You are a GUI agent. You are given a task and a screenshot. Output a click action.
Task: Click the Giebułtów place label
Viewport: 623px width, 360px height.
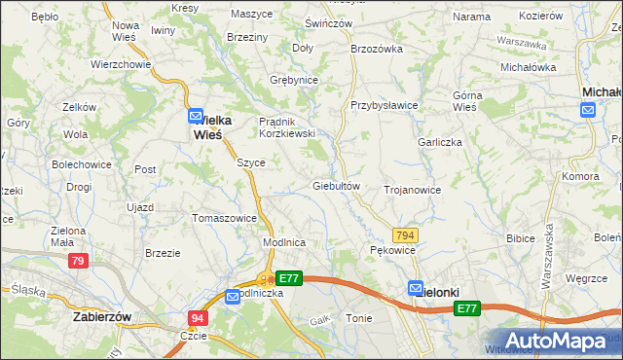click(x=337, y=186)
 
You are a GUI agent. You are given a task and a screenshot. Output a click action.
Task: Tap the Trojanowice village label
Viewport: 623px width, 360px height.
click(x=413, y=190)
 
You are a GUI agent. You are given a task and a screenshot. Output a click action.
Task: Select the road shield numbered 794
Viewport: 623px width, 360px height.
click(x=406, y=235)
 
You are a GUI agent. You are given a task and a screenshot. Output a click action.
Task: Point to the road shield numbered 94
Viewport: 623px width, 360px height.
click(x=198, y=317)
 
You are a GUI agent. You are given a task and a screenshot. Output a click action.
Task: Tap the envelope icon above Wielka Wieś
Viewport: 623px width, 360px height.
click(x=195, y=114)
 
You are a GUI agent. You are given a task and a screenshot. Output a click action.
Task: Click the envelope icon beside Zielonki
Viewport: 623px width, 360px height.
click(x=416, y=288)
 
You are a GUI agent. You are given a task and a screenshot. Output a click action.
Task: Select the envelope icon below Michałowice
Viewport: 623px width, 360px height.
click(x=588, y=110)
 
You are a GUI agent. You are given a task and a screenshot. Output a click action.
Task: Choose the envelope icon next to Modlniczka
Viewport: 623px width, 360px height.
click(x=234, y=297)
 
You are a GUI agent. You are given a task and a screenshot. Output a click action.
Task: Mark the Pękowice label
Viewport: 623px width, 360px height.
click(x=393, y=250)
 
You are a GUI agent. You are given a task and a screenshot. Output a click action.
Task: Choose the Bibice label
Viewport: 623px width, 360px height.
click(x=522, y=237)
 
